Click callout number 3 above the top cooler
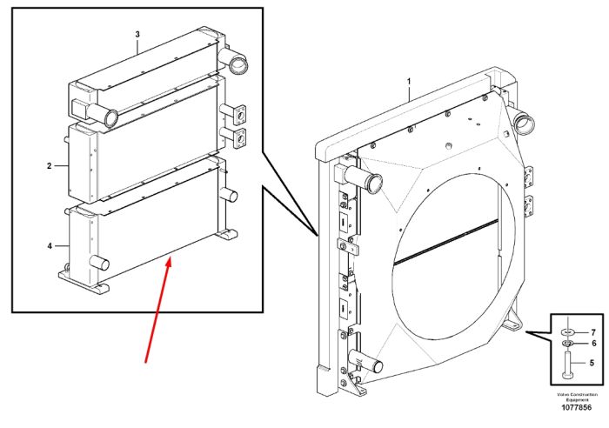click(137, 34)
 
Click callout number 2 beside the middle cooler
click(50, 166)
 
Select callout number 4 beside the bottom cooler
click(50, 246)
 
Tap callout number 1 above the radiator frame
click(409, 82)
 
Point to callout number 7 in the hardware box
click(593, 332)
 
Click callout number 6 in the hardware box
click(594, 344)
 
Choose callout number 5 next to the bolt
click(592, 363)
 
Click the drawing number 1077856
click(576, 407)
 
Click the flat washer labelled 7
click(567, 332)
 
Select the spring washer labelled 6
click(567, 344)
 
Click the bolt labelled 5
click(567, 364)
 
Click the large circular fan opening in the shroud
click(452, 257)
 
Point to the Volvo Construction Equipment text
click(577, 397)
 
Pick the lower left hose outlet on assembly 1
click(366, 361)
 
